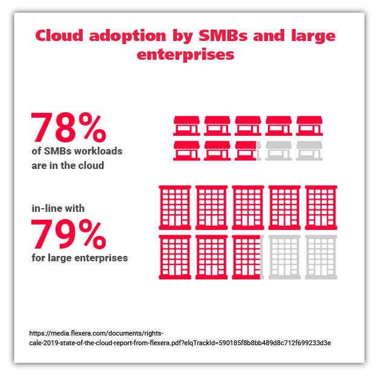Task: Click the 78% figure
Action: click(69, 127)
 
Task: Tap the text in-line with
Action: click(58, 209)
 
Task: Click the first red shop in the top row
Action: click(186, 125)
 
